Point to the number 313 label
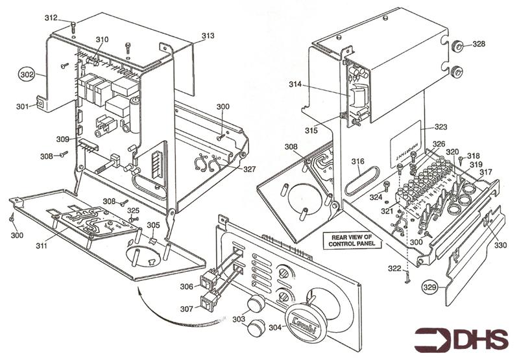point(208,36)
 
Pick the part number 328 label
point(478,44)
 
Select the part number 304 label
point(275,328)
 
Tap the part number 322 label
point(394,269)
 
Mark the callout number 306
point(186,286)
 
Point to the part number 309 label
point(62,139)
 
